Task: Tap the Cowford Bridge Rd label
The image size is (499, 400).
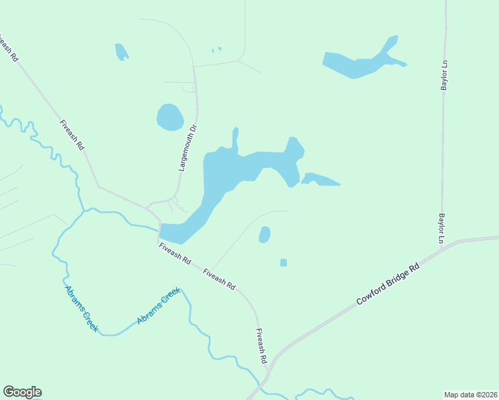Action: coord(388,283)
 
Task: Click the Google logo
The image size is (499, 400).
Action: coord(22,392)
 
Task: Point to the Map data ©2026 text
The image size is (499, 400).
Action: coord(470,394)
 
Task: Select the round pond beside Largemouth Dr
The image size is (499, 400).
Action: coord(170,117)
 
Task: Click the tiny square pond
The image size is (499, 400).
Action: coord(284,263)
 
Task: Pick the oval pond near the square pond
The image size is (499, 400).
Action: coord(264,235)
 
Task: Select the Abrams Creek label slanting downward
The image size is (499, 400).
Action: coord(81,309)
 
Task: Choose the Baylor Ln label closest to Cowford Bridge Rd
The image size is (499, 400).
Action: coord(442,227)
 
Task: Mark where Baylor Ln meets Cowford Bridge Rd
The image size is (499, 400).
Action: coord(442,246)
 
